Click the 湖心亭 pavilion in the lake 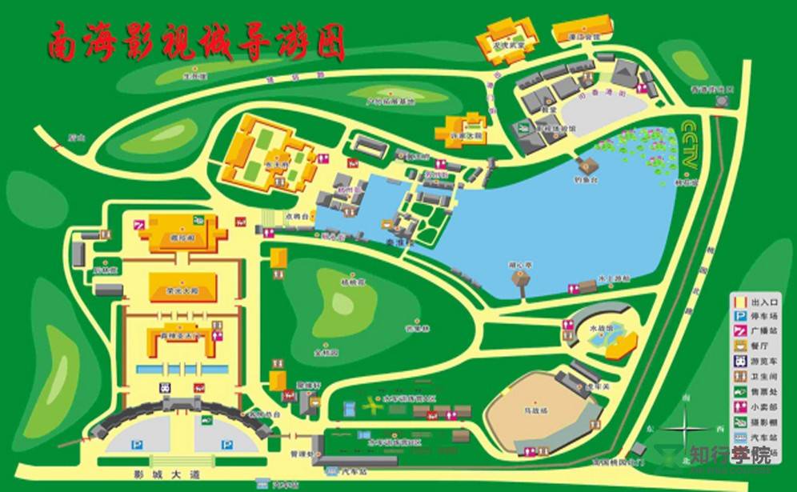[523, 277]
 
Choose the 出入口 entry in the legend [763, 302]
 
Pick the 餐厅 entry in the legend [763, 346]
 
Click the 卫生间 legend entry [763, 376]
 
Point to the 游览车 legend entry [763, 361]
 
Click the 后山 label [76, 138]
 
